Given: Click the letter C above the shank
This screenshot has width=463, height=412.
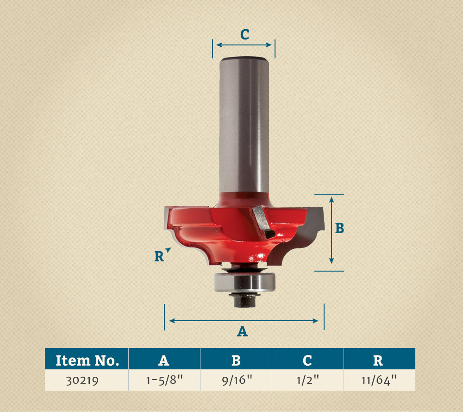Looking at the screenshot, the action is coord(245,35).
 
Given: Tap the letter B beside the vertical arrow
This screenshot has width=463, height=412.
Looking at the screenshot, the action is coord(339,228).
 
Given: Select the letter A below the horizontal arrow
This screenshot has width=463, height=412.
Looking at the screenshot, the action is coord(243,331).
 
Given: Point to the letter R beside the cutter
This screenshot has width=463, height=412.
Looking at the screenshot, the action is coord(159,256).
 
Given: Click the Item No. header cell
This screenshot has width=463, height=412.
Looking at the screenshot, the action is coord(87,359).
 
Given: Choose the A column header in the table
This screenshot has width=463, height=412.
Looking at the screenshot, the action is coord(164,359).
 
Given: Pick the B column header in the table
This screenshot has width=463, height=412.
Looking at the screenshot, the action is coord(236,359).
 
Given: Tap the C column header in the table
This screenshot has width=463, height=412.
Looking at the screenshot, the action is coord(308,359).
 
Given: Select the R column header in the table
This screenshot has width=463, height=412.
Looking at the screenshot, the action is coord(380,359).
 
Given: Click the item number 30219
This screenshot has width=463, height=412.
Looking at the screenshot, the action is coord(82,380).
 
